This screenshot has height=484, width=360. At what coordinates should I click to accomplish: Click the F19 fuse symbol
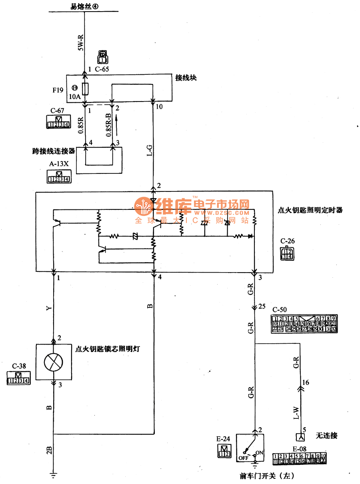[85, 88]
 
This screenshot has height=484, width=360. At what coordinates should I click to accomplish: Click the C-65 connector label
[102, 69]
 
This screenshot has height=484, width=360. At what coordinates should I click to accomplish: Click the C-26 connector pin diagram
[287, 253]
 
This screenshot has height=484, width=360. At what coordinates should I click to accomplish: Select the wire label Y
[49, 308]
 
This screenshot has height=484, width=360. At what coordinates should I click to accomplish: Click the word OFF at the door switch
[244, 458]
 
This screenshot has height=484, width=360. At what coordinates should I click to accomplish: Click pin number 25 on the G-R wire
[262, 307]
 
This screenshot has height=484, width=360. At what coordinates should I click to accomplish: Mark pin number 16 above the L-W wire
[306, 382]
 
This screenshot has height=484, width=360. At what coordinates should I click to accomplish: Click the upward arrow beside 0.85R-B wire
[117, 118]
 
